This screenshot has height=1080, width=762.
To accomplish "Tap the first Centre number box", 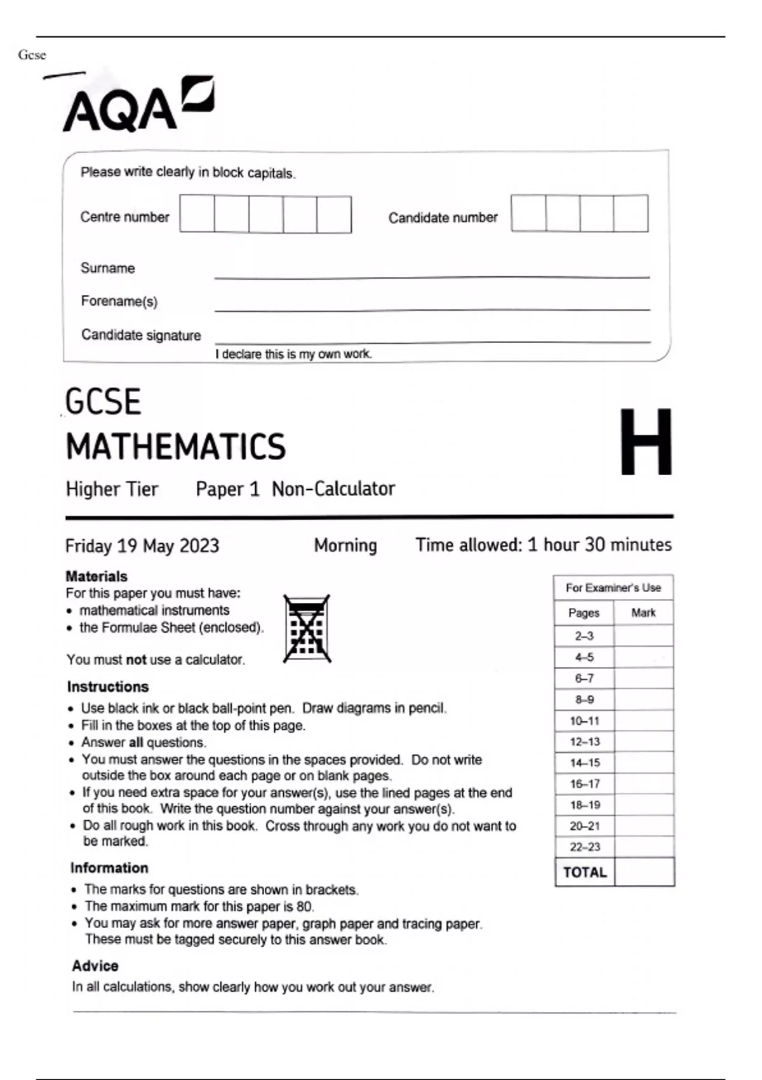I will click(x=197, y=215).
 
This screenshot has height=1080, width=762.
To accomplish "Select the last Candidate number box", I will click(x=631, y=213).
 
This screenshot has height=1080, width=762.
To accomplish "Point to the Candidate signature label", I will click(x=141, y=335).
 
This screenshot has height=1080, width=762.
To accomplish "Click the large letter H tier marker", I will click(x=645, y=442).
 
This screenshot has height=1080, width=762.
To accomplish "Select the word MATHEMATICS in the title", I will click(x=176, y=447).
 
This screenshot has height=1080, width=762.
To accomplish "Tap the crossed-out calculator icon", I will click(x=307, y=629).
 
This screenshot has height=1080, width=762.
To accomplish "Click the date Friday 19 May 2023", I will click(x=142, y=546).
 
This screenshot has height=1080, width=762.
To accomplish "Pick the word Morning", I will click(x=345, y=545).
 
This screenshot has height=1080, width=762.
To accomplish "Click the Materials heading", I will click(x=97, y=576).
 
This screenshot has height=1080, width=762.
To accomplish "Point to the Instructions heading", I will click(x=108, y=687).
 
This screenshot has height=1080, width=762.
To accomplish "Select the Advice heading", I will click(x=95, y=966).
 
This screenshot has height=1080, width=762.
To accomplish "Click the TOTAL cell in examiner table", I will click(x=585, y=872).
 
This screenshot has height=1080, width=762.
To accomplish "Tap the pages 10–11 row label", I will click(x=584, y=721).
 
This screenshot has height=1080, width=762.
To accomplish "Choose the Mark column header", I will click(x=643, y=613).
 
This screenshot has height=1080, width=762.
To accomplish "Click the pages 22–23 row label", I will click(x=584, y=847).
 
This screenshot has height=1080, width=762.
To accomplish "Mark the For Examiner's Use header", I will click(x=613, y=588).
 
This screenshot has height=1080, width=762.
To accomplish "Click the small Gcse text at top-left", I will click(x=32, y=55).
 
